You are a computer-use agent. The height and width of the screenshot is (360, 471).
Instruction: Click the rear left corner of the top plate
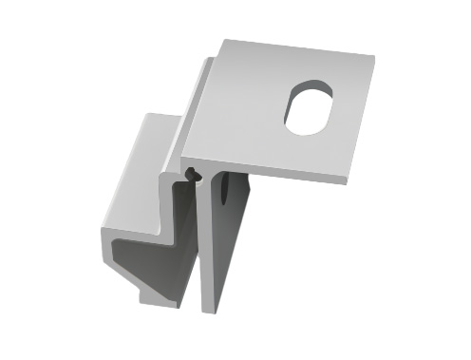click(223, 40)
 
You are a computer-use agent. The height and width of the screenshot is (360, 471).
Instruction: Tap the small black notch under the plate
click(193, 175)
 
